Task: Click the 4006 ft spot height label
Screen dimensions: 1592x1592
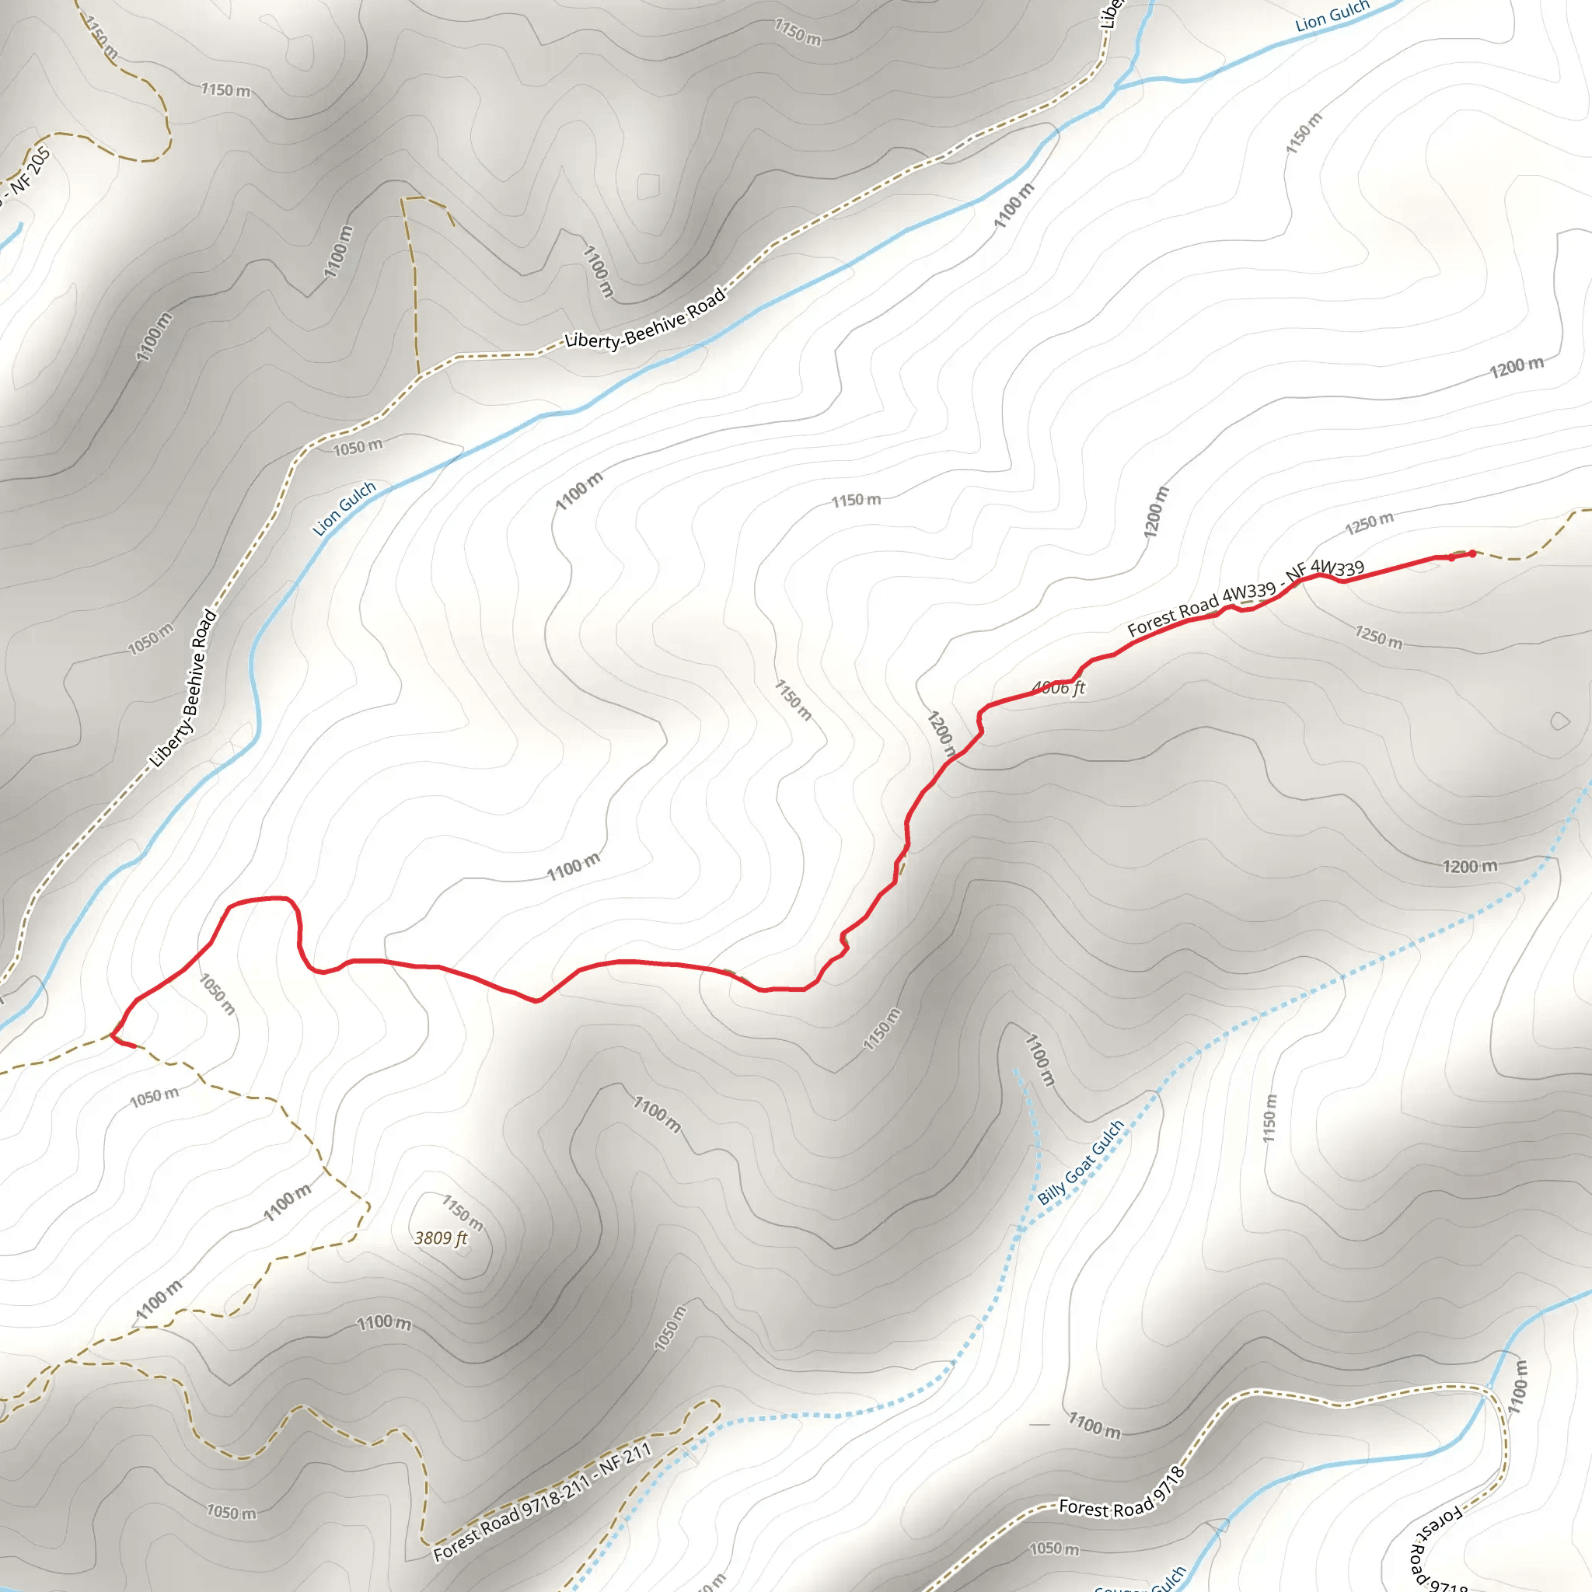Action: (x=1058, y=687)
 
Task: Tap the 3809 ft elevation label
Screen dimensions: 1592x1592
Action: (x=441, y=1238)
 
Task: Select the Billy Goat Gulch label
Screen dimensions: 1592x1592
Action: (x=1081, y=1163)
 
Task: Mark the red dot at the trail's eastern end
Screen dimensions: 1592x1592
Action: (x=1472, y=553)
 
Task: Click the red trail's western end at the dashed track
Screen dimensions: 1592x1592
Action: (x=132, y=1046)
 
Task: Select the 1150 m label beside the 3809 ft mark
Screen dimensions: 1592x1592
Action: (x=463, y=1212)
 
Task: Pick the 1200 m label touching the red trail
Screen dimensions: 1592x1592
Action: (x=941, y=733)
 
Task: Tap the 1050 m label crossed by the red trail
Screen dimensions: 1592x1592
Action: (x=218, y=993)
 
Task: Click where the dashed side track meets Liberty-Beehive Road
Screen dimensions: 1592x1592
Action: (x=419, y=375)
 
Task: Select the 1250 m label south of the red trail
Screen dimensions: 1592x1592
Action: (x=1378, y=636)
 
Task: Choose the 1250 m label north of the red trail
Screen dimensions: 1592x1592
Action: (x=1370, y=522)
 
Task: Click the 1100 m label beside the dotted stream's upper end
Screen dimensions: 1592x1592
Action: (x=1039, y=1060)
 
